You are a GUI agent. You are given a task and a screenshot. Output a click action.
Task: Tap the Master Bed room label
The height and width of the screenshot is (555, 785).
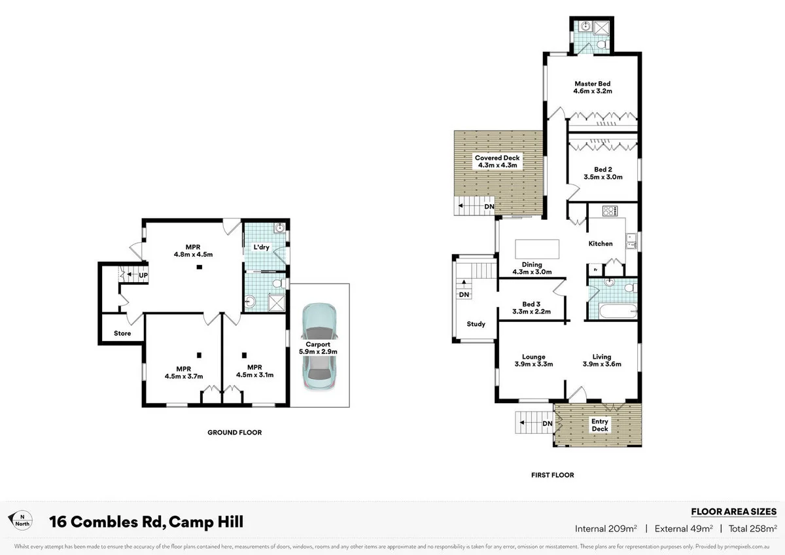click(592, 84)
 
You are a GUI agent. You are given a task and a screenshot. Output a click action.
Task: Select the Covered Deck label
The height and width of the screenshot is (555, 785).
click(497, 158)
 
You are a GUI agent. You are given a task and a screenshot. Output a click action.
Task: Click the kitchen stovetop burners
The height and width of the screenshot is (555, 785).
click(610, 211)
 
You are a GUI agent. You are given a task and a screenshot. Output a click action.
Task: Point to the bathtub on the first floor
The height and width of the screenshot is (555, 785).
click(612, 311)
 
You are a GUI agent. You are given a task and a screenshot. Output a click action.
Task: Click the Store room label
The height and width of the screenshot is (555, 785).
click(122, 333)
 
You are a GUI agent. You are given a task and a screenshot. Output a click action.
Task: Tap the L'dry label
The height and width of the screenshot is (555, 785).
click(262, 248)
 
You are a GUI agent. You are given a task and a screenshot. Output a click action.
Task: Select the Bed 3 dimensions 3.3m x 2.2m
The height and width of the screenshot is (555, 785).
click(531, 312)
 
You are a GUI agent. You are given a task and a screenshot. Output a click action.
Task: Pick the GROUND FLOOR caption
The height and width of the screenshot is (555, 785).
click(234, 433)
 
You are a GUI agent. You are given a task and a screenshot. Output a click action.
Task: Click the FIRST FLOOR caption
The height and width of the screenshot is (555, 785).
click(552, 475)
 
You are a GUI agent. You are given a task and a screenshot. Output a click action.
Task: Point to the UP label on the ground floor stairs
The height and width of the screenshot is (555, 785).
click(143, 275)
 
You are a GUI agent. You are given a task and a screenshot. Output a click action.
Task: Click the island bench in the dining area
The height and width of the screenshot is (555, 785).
click(538, 249)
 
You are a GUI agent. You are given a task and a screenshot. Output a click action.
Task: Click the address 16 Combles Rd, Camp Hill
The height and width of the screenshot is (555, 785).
click(147, 522)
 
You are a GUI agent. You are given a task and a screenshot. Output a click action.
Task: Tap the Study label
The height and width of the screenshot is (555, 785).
click(476, 324)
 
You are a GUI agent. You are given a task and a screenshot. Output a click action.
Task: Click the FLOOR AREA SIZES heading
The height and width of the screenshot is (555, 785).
click(733, 512)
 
